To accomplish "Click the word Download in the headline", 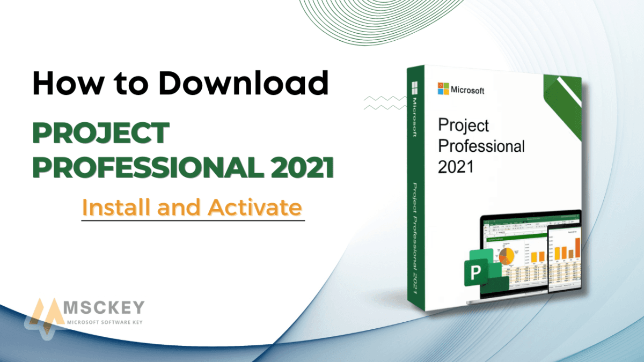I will (244, 85).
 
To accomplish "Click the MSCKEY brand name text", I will (104, 308).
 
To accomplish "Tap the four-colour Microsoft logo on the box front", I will (443, 88).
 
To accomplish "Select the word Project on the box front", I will (464, 125).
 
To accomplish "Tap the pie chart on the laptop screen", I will (506, 256).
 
